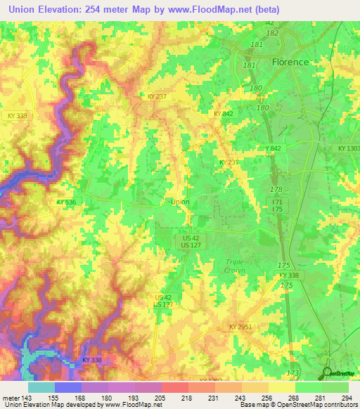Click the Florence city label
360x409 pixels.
290,62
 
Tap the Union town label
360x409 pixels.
180,202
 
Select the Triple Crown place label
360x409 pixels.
234,266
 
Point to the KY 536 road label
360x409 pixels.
66,202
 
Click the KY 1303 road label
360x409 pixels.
347,148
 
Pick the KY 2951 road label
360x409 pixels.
240,327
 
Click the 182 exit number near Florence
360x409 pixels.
274,33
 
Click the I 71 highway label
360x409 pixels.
280,202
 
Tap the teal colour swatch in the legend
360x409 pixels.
41,387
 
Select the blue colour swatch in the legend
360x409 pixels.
67,387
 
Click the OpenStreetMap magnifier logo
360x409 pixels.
328,373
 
